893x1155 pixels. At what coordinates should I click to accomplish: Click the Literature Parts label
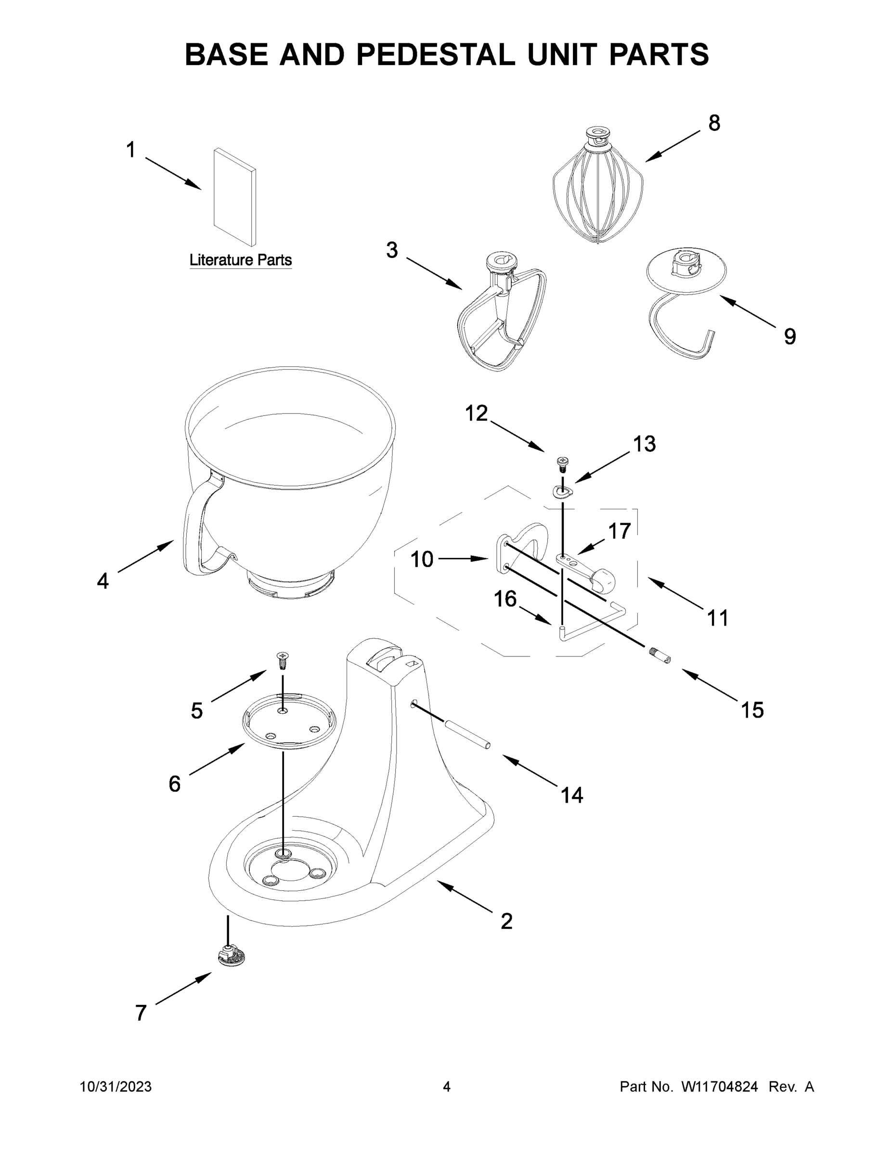click(241, 260)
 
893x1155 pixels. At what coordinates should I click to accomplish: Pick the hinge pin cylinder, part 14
click(468, 733)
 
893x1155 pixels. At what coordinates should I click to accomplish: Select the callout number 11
click(717, 618)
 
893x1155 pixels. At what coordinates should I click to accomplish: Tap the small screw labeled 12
click(562, 464)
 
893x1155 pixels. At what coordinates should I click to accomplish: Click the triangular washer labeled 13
click(562, 491)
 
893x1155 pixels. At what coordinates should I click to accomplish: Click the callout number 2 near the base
click(506, 921)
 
